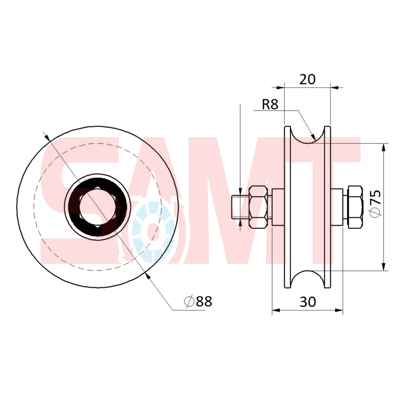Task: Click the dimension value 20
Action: [308, 79]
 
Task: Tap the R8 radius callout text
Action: [270, 104]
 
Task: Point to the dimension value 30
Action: [308, 302]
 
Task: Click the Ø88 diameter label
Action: [198, 301]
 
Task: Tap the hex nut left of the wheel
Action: [258, 207]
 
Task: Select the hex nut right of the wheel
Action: [355, 207]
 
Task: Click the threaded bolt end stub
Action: [240, 207]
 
